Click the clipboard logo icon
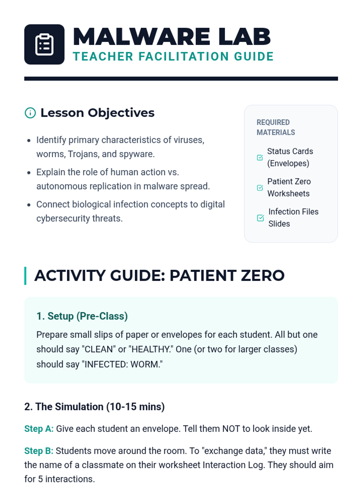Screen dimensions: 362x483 44,44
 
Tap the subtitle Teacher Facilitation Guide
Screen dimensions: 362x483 173,56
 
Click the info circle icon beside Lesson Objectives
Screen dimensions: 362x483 30,113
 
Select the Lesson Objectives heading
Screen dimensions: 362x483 97,113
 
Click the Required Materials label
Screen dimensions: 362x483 276,127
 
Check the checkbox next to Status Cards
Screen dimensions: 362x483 260,157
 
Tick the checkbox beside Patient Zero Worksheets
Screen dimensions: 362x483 260,187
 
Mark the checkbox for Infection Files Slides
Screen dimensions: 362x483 260,218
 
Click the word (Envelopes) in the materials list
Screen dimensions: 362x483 288,163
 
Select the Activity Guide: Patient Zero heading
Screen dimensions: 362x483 159,276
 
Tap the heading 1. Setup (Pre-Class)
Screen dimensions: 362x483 82,316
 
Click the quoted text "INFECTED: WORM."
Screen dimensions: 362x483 122,364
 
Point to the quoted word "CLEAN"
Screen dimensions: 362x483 99,349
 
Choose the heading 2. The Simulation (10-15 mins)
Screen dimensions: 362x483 94,406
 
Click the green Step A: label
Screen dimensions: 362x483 39,429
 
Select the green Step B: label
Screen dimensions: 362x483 39,451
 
